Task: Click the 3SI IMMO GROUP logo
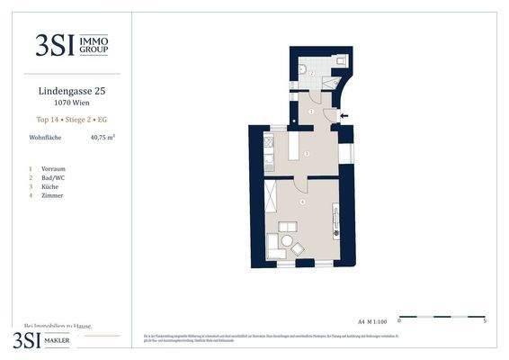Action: (72, 46)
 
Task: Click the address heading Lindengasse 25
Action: (72, 91)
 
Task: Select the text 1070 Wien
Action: (72, 103)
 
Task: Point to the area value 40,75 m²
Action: (103, 138)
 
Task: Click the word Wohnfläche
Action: (45, 138)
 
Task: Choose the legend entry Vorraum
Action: (53, 168)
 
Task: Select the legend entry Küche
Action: (50, 186)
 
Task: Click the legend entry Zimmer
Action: (52, 195)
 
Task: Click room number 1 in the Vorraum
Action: (311, 111)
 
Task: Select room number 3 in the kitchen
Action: (307, 155)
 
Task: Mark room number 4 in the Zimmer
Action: (303, 202)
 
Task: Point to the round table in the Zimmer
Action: (288, 241)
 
